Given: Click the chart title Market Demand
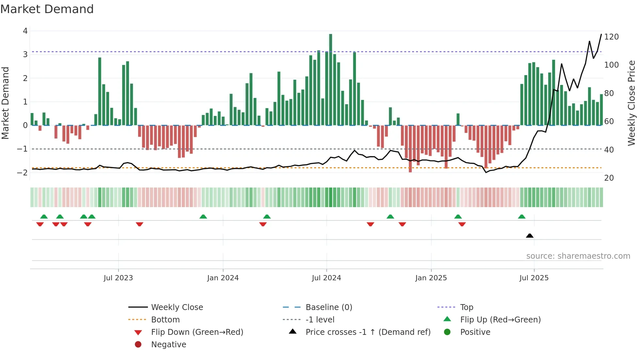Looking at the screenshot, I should [x=47, y=9].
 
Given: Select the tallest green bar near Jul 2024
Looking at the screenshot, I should [x=330, y=78].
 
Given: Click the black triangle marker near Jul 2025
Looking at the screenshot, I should [x=530, y=236].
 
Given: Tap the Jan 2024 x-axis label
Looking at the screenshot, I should [x=223, y=278].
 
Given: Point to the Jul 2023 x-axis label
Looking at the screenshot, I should [x=118, y=278].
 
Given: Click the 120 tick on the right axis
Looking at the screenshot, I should [x=611, y=37].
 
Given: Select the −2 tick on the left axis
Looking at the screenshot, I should [x=23, y=172].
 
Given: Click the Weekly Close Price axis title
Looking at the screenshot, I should [x=632, y=103].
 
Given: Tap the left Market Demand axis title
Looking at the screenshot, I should [x=6, y=103].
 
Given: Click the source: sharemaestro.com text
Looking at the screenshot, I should [x=578, y=256].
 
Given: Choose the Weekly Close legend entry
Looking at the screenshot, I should [x=177, y=307].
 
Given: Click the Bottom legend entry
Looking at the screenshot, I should [x=165, y=320].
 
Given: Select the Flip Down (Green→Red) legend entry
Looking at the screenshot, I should [x=197, y=332].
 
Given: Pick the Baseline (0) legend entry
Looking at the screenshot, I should [x=328, y=307].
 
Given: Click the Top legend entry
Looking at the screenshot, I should [x=466, y=307].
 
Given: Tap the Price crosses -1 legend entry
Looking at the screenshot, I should [x=368, y=332].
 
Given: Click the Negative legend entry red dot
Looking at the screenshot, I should [x=138, y=344].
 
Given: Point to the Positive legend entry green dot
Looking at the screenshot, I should [x=447, y=332].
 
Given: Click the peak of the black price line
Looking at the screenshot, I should [x=601, y=34].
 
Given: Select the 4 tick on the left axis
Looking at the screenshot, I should [x=25, y=31].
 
